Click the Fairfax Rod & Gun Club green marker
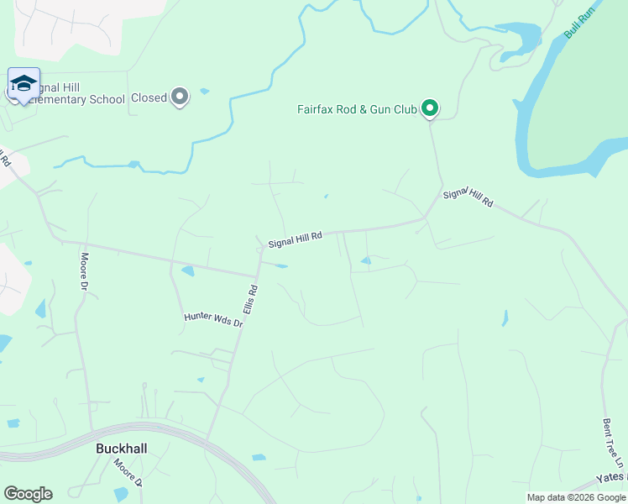[430, 108]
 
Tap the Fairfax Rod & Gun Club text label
[357, 109]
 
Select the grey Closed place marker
[180, 97]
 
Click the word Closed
[149, 98]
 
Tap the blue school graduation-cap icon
[24, 83]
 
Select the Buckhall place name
[121, 449]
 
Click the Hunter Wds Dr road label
[213, 319]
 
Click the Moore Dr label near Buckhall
[129, 473]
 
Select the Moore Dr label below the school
[84, 273]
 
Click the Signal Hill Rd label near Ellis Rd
[295, 240]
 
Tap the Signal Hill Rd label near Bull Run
[468, 198]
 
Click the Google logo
[28, 494]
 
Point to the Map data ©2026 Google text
[577, 497]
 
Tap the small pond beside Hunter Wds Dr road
[187, 271]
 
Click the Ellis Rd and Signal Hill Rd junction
[257, 275]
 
